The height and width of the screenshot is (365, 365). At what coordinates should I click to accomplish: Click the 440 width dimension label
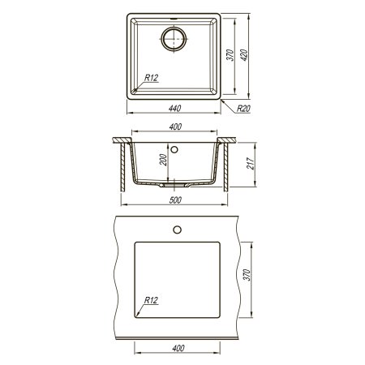[174, 109]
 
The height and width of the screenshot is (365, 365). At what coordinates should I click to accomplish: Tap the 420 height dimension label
[244, 55]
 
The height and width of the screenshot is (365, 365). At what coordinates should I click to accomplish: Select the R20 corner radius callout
[243, 109]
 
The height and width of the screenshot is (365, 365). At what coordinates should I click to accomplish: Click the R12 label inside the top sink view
[151, 78]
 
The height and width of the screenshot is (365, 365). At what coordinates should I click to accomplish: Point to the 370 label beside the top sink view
[230, 55]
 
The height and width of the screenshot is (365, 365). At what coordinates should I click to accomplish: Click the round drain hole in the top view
[174, 38]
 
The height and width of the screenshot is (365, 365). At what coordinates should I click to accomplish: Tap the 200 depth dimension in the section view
[163, 160]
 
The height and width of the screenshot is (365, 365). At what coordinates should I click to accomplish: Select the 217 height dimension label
[251, 164]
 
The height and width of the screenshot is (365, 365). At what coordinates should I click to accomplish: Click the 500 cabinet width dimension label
[175, 200]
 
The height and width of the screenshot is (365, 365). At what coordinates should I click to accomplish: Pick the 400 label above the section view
[175, 127]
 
